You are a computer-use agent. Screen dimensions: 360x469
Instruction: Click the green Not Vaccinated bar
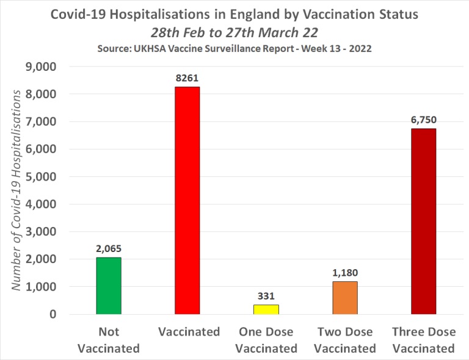pos(108,286)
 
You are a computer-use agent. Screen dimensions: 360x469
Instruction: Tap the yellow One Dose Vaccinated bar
pos(266,309)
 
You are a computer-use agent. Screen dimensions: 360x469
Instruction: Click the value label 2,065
pos(108,248)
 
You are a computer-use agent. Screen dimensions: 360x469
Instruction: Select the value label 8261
pos(187,78)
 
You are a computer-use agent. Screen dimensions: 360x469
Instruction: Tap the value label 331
pos(266,296)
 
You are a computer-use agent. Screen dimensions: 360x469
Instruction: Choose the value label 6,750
pos(423,120)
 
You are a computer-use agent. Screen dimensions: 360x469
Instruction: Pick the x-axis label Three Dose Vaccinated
pos(423,340)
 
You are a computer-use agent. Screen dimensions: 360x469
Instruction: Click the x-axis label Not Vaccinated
pos(108,340)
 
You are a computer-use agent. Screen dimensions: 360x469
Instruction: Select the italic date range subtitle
pos(234,31)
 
